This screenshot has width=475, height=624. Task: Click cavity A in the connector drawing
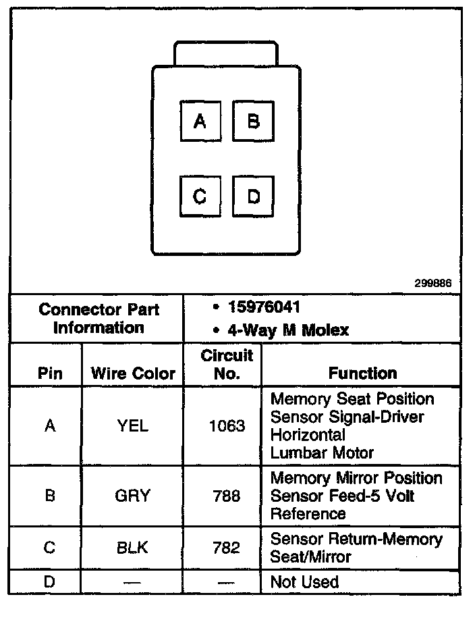point(200,122)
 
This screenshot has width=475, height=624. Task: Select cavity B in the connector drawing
point(253,122)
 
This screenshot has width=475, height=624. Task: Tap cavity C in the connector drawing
point(200,197)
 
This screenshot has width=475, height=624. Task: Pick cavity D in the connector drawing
point(253,197)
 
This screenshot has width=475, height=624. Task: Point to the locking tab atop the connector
point(225,53)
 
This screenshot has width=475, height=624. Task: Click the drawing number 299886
point(432,284)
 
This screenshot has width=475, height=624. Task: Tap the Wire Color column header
point(133,373)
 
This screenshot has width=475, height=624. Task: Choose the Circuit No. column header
point(227,364)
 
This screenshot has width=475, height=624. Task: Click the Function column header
point(362,373)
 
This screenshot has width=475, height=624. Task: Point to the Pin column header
point(50,373)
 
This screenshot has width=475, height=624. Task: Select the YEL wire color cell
point(132,426)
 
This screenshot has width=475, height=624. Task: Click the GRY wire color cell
point(132,496)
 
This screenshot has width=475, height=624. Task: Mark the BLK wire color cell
point(132,548)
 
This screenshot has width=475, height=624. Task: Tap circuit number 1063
point(227,426)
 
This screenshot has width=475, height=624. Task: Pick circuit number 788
point(227,496)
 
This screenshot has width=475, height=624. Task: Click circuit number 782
point(227,548)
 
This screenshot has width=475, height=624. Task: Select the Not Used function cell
point(304,581)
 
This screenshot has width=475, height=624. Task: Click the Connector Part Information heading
point(99,319)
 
